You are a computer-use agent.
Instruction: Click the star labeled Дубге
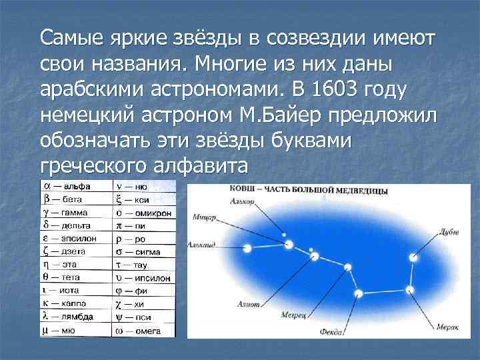tap(414, 257)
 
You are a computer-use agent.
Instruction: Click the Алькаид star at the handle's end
tap(248, 247)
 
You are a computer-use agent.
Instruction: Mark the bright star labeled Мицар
tap(289, 245)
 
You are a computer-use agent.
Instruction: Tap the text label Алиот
tap(248, 304)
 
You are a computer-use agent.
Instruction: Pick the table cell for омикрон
tap(143, 213)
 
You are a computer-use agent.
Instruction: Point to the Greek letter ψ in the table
tap(119, 316)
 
